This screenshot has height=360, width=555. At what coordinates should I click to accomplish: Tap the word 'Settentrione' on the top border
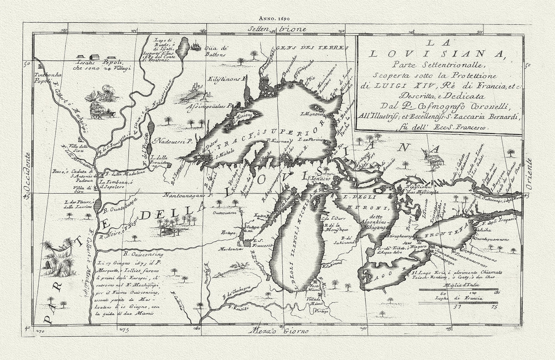click(277, 29)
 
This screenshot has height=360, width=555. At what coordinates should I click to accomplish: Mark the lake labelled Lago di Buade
click(185, 46)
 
